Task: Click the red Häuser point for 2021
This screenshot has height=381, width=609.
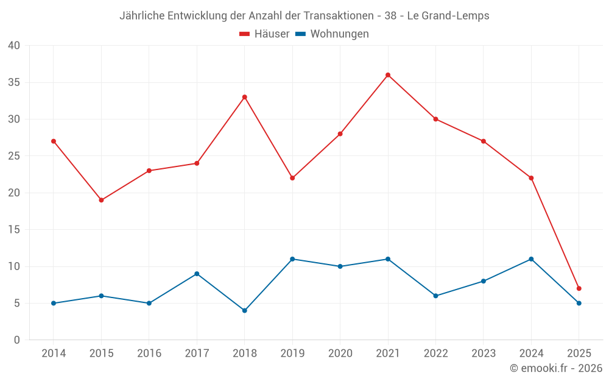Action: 388,75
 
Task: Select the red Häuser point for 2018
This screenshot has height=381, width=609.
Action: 244,97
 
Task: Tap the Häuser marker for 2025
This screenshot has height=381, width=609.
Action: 579,288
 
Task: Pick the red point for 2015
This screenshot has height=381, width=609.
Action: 101,200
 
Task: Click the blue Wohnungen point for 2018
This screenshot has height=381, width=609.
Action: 244,310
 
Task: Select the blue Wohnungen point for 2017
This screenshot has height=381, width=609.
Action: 197,274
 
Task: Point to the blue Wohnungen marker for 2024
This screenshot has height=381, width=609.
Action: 531,259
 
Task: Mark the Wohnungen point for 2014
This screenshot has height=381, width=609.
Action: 54,303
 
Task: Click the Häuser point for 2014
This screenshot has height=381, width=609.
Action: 54,141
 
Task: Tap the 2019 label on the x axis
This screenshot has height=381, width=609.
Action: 292,354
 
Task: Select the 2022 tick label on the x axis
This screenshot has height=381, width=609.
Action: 435,354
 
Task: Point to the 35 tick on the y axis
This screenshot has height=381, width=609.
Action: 13,82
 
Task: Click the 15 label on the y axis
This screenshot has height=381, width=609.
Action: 13,230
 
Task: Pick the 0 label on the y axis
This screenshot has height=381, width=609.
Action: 17,340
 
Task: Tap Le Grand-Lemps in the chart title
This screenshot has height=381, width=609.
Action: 448,16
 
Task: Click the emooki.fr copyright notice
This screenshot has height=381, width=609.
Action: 555,368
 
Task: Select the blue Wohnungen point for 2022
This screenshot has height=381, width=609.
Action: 435,296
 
